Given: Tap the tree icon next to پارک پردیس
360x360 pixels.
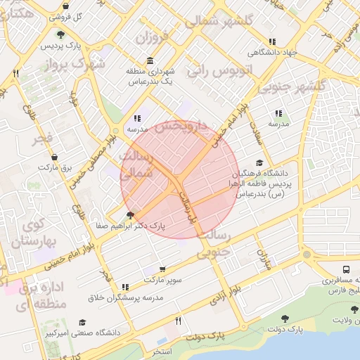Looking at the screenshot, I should (x=62, y=34).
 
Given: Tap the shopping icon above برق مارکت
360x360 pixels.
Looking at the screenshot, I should (x=56, y=157).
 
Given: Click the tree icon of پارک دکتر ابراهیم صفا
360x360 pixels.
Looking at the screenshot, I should (x=129, y=215).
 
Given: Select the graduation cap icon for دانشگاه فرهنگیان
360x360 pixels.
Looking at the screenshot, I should (x=259, y=163).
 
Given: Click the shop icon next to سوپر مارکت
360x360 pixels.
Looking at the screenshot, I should (x=163, y=269).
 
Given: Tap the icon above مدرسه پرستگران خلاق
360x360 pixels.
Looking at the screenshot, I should (x=125, y=287).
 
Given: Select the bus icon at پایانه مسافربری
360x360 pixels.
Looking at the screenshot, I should (x=347, y=269).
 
